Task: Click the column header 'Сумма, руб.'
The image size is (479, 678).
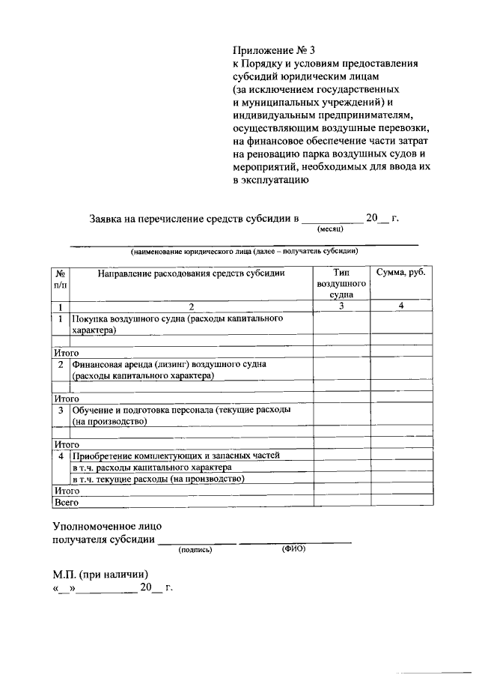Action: pyautogui.click(x=401, y=273)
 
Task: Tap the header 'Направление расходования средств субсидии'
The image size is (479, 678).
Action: pyautogui.click(x=191, y=273)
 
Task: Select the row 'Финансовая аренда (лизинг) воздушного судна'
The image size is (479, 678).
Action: pyautogui.click(x=169, y=369)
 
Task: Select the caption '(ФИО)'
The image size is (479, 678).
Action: pyautogui.click(x=293, y=549)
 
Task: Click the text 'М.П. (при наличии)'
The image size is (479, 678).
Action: pyautogui.click(x=100, y=574)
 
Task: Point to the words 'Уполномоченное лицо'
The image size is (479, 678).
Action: pyautogui.click(x=106, y=526)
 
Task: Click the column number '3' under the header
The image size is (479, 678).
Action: pyautogui.click(x=341, y=306)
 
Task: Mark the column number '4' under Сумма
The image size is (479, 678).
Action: pyautogui.click(x=401, y=306)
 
